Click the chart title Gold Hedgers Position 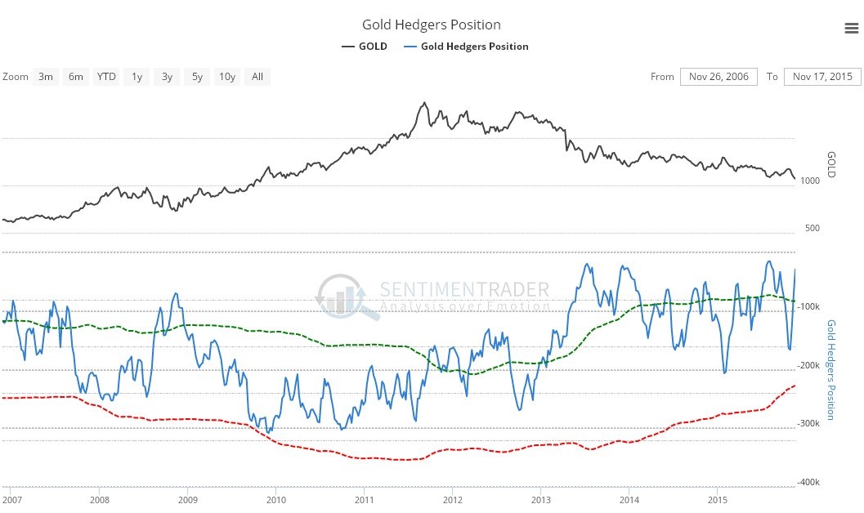click(432, 25)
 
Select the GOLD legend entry click(365, 47)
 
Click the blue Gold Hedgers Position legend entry click(467, 47)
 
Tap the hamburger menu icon click(850, 29)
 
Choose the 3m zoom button click(46, 77)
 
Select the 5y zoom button click(197, 77)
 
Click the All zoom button click(257, 77)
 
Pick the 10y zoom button click(226, 77)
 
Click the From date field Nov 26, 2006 click(718, 77)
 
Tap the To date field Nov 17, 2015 click(822, 77)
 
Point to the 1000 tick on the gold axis click(811, 181)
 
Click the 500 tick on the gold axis click(812, 228)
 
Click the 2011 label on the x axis click(365, 500)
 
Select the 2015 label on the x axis click(718, 500)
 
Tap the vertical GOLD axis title click(832, 164)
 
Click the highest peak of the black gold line click(423, 103)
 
